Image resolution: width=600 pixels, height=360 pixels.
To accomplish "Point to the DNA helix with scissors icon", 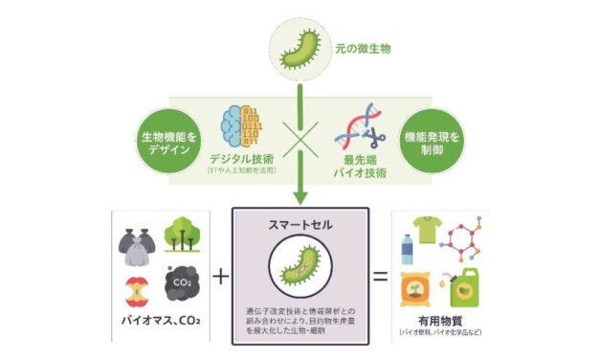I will click(x=360, y=124).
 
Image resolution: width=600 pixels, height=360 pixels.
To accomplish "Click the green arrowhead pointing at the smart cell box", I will click(x=300, y=197).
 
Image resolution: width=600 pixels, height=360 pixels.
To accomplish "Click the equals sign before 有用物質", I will click(x=378, y=275).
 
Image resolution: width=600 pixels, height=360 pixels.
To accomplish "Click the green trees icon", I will click(x=182, y=236).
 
